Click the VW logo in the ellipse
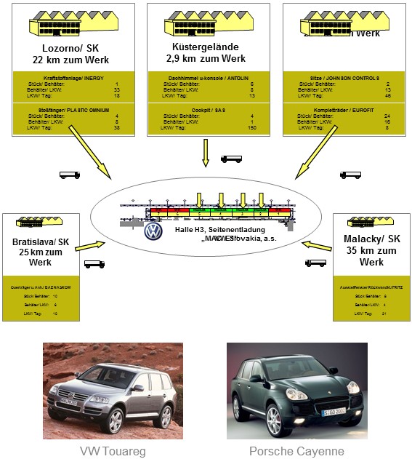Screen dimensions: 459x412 coord(153,231)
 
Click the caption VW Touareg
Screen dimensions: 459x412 coord(112,451)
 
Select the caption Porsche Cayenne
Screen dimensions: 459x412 coord(296,451)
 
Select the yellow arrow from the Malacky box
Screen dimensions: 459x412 coord(318,245)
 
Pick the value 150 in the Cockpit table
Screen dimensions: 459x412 coord(251,127)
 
